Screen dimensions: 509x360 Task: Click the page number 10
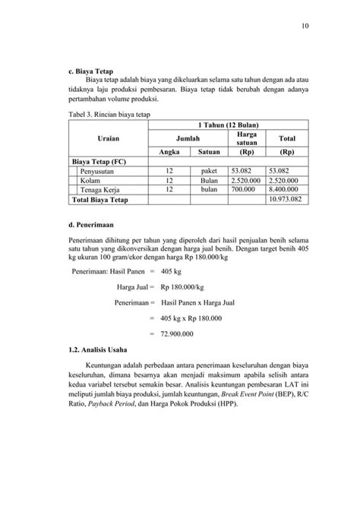pyautogui.click(x=305, y=27)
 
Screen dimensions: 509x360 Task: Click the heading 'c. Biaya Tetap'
pyautogui.click(x=90, y=70)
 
